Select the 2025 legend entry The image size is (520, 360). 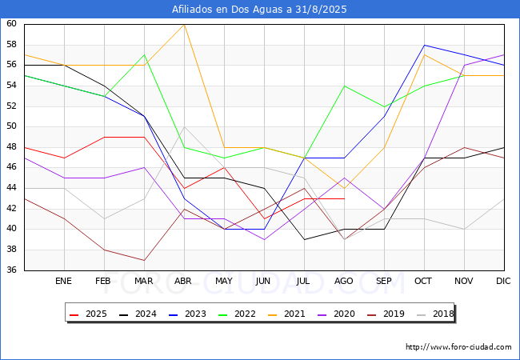coord(88,314)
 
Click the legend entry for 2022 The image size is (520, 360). coord(237,314)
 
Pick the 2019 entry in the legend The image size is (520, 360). coord(386,314)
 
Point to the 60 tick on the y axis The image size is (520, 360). coord(11,23)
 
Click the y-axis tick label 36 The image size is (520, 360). coord(11,270)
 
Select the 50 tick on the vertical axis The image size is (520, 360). coord(11,126)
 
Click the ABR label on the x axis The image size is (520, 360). coord(183,281)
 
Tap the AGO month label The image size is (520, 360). coord(343,281)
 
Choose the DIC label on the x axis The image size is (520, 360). coord(503,281)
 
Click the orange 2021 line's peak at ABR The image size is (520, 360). coord(184,25)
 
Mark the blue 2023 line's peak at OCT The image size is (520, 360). coord(425,45)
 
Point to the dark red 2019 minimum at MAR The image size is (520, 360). coord(144,260)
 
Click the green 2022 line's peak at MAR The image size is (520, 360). coord(144,54)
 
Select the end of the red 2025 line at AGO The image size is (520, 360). coord(344,198)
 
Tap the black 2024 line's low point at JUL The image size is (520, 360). coord(305,239)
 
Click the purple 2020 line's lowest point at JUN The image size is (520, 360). coord(264,239)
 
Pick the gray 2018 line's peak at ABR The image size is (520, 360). coord(184,126)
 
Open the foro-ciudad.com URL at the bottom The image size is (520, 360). coord(458,346)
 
